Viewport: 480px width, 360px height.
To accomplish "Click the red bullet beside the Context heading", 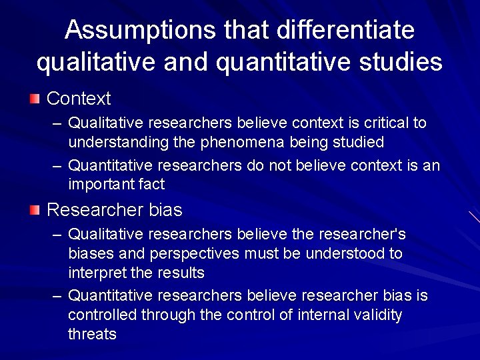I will pyautogui.click(x=35, y=99).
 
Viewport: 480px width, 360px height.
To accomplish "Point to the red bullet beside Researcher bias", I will pyautogui.click(x=35, y=211).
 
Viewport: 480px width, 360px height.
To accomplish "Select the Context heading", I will pyautogui.click(x=79, y=99).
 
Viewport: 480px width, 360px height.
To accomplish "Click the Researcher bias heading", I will pyautogui.click(x=114, y=210).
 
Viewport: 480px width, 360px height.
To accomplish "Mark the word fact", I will pyautogui.click(x=150, y=183).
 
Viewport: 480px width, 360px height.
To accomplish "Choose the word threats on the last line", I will pyautogui.click(x=92, y=334).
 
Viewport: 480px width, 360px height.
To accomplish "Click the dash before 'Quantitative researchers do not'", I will pyautogui.click(x=58, y=165).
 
